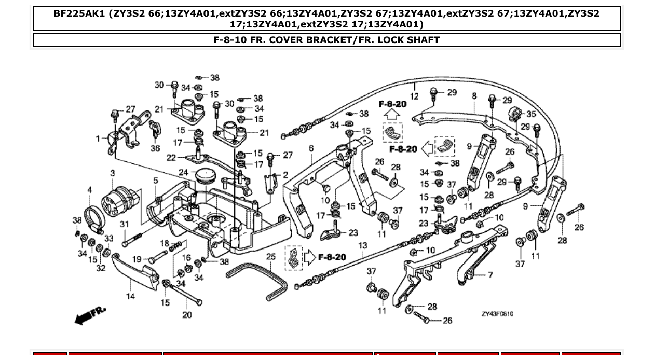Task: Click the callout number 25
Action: coord(271,256)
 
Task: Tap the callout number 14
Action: coord(130,296)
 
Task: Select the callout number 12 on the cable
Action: coord(414,96)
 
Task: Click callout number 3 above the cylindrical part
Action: coord(112,173)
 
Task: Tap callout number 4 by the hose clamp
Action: coord(89,190)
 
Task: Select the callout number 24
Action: coord(183,172)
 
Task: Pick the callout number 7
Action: coord(490,275)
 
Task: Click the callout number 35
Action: coord(531,114)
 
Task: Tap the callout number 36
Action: coord(155,148)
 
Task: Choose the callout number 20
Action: coord(187,314)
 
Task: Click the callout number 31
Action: coord(124,224)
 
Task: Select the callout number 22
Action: coord(171,158)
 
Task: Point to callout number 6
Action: coord(311,148)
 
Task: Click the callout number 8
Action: coord(474,96)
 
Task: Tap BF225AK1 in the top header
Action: coord(79,13)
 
